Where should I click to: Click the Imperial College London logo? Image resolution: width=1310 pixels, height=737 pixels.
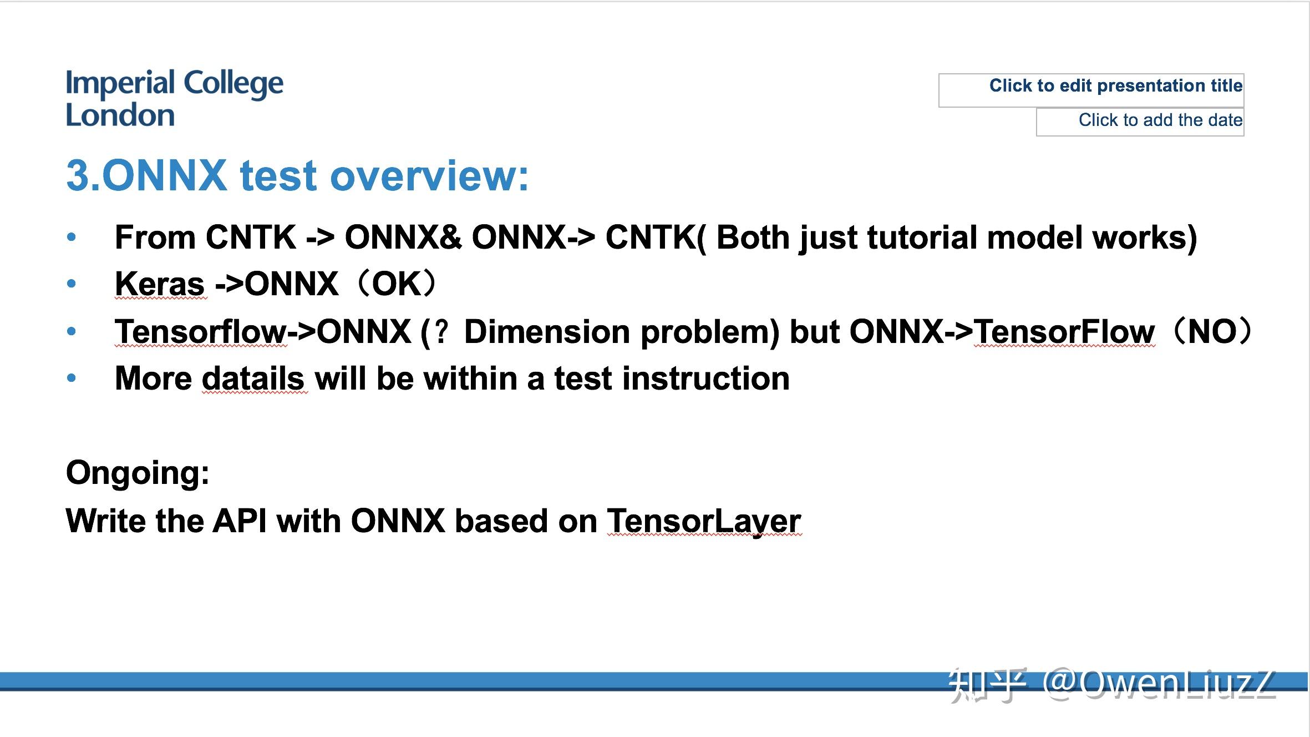pyautogui.click(x=174, y=98)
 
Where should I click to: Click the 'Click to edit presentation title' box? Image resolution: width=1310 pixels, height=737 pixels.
pyautogui.click(x=1091, y=89)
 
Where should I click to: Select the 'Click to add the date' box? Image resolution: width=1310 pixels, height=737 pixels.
pyautogui.click(x=1140, y=121)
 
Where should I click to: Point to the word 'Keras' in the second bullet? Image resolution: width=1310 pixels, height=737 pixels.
pyautogui.click(x=160, y=284)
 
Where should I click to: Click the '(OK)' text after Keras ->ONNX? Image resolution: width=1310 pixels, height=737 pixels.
pyautogui.click(x=397, y=284)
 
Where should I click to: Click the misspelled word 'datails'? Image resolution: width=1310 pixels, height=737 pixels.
pyautogui.click(x=253, y=378)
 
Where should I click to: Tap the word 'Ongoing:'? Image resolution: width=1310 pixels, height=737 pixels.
pyautogui.click(x=138, y=473)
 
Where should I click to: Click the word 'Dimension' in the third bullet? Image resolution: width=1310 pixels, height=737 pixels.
pyautogui.click(x=547, y=332)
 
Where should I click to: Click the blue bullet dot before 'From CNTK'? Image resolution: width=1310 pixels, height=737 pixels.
pyautogui.click(x=71, y=238)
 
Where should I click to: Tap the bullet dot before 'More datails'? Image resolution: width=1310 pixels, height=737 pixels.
pyautogui.click(x=71, y=378)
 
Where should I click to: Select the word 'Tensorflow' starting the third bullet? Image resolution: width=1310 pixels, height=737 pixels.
pyautogui.click(x=200, y=332)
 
